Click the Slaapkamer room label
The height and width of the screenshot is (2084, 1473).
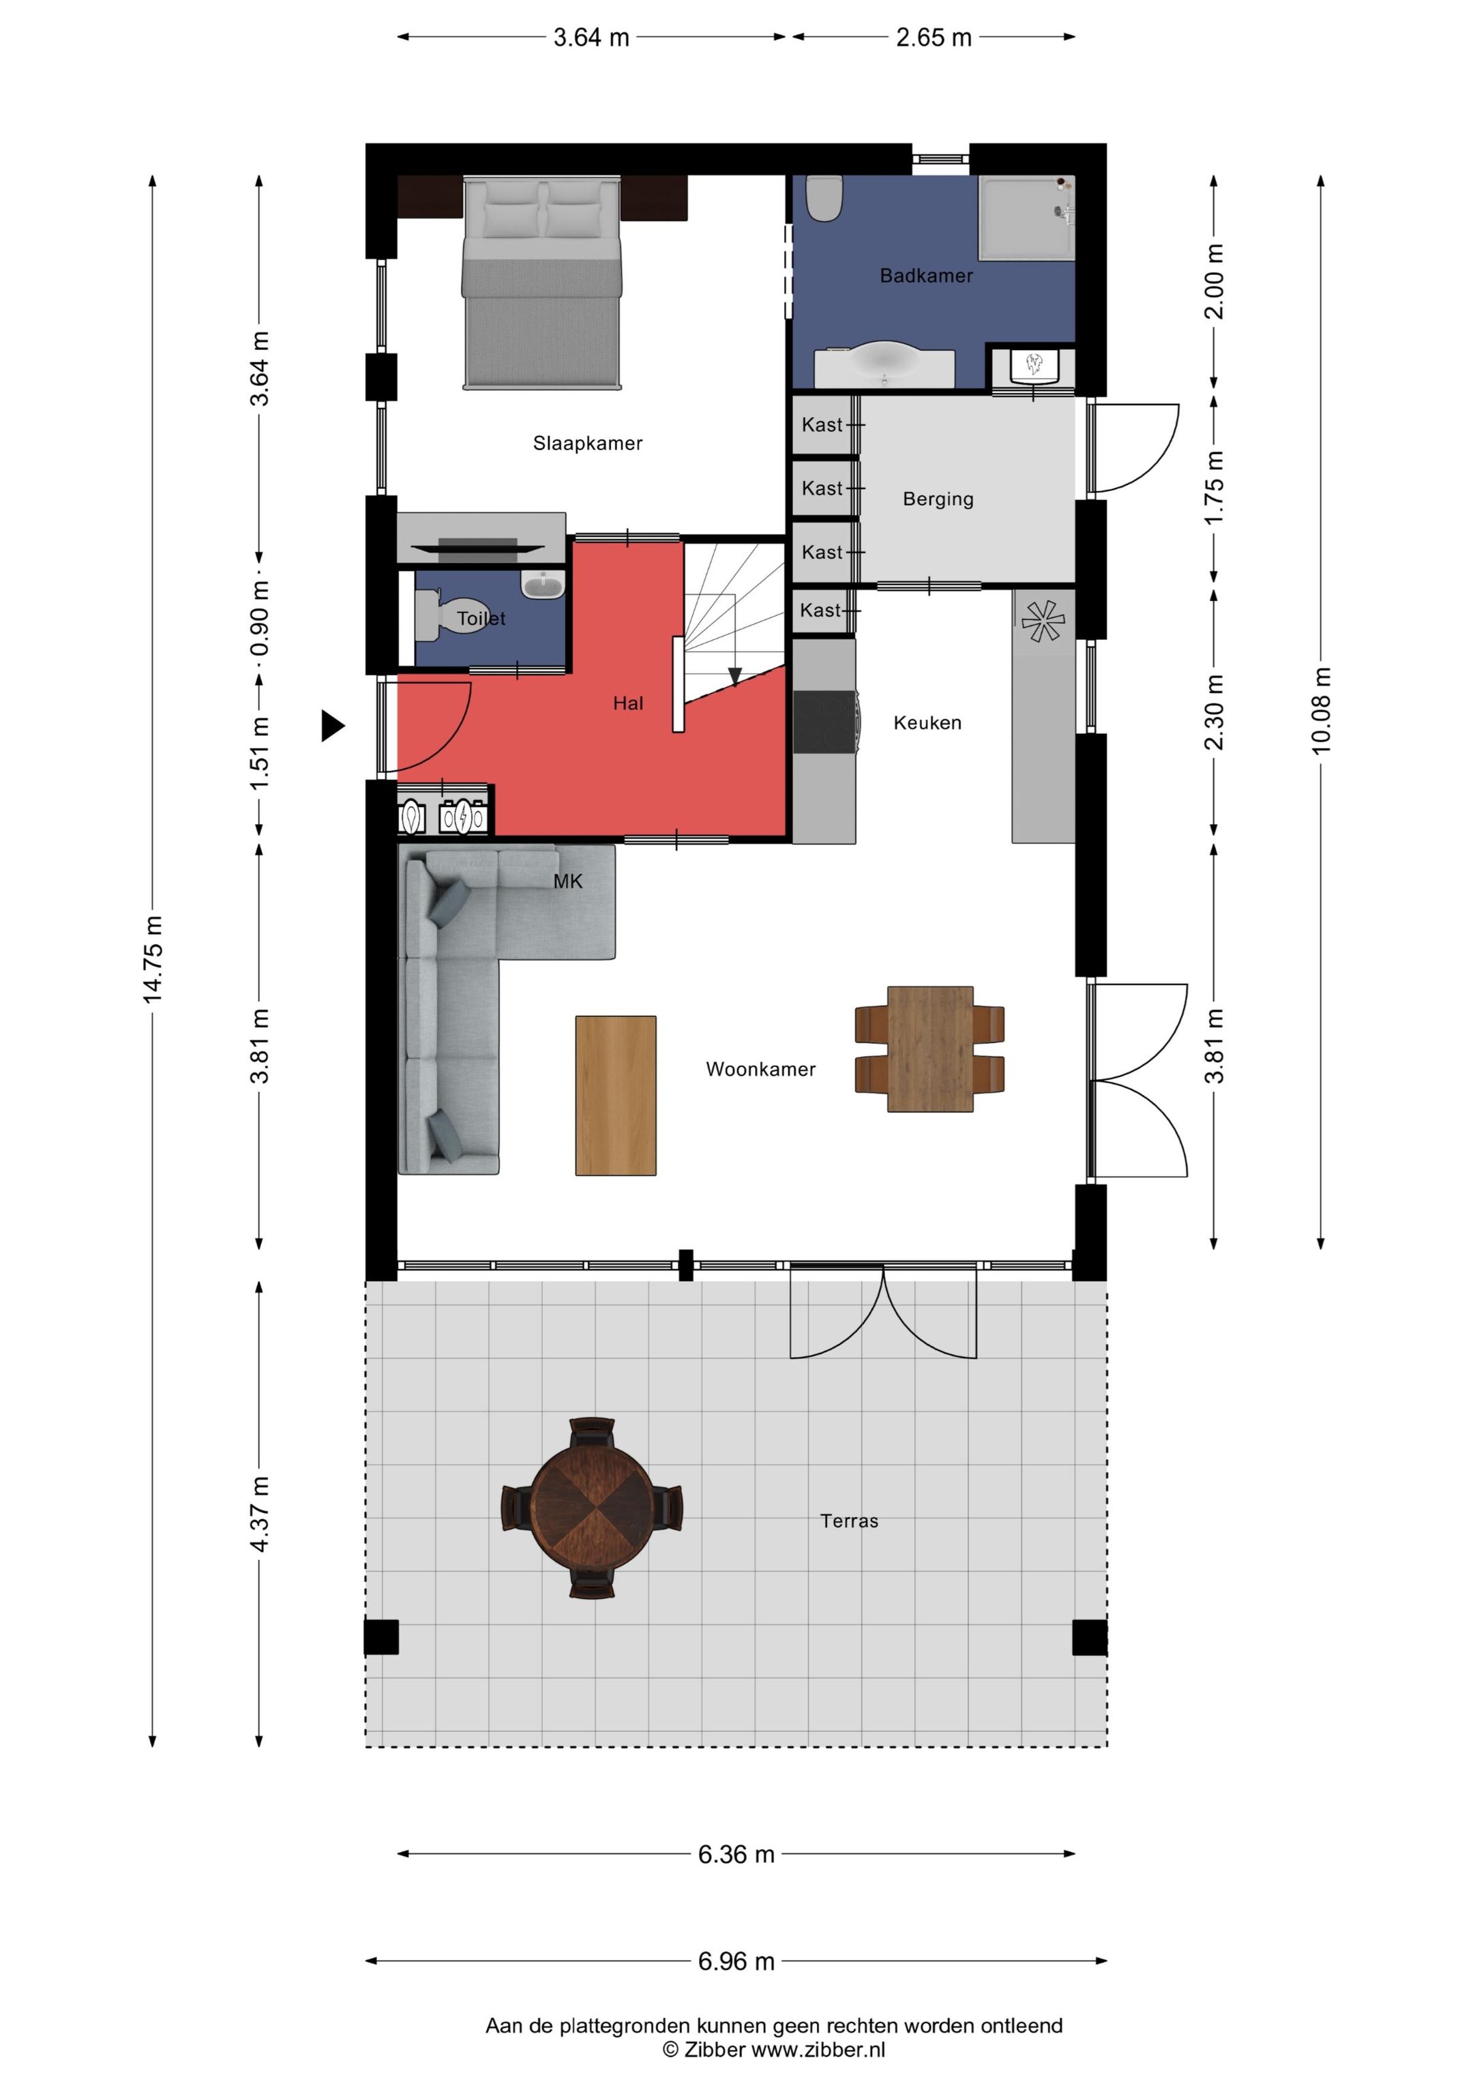[x=587, y=443]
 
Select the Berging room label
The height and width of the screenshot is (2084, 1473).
[x=938, y=499]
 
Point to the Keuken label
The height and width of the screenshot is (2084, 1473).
[x=927, y=722]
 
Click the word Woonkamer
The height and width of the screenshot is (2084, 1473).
[x=760, y=1069]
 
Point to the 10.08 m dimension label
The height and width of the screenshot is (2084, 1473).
[x=1320, y=711]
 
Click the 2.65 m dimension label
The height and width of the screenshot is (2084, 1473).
[x=934, y=38]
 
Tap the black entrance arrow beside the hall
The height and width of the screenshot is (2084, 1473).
[x=333, y=725]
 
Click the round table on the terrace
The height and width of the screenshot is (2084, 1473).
[x=591, y=1508]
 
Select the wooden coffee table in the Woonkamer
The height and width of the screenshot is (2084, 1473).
[x=615, y=1096]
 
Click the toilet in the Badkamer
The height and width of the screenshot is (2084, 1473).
[x=825, y=198]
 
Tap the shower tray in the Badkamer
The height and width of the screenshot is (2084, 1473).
[x=1026, y=218]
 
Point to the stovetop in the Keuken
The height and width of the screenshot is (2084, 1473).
[x=824, y=722]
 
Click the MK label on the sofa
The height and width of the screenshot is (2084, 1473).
[x=568, y=881]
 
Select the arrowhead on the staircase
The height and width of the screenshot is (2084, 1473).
[x=735, y=676]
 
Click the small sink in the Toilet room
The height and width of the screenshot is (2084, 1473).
[x=543, y=585]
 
